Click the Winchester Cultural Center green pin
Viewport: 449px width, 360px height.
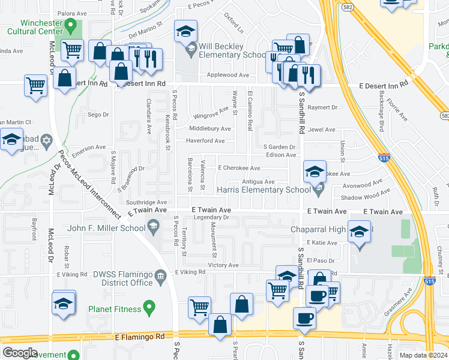point(71,26)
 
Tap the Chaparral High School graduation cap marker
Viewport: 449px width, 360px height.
point(359,233)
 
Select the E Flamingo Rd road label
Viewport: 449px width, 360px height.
point(139,337)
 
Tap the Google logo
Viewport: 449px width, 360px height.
point(19,353)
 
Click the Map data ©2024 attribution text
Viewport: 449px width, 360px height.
point(423,355)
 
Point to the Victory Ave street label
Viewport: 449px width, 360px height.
point(223,265)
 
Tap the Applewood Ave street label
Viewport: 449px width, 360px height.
point(228,76)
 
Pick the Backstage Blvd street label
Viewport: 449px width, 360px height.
point(381,118)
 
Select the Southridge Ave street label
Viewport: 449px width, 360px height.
point(146,203)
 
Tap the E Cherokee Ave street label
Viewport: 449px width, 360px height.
point(239,169)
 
